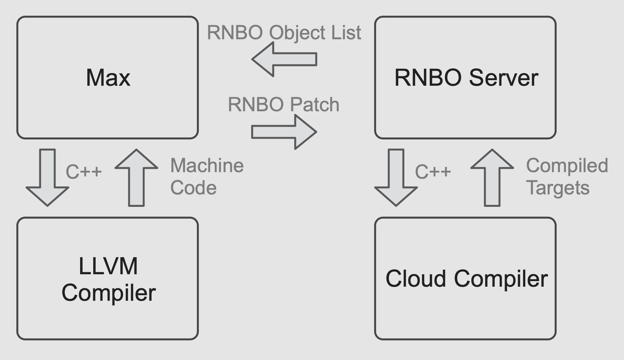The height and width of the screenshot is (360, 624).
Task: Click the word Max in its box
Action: pos(108,78)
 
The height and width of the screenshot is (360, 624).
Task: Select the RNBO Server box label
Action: pos(466,78)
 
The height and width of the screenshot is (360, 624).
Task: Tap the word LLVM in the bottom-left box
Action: pos(108,266)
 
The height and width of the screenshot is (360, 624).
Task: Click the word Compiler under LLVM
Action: pos(109,293)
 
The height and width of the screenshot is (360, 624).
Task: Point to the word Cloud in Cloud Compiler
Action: pos(415,279)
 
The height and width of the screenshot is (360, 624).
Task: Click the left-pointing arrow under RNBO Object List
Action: pos(284,59)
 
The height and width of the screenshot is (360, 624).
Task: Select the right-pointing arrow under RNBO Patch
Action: pos(284,132)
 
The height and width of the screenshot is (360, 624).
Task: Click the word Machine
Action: pos(207,165)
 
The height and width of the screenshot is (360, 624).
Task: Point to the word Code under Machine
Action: pos(193,188)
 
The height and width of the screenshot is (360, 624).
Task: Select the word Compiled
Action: pos(567,166)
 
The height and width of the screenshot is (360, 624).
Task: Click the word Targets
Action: pos(558,188)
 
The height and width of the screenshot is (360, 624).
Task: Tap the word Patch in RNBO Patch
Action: pos(315,105)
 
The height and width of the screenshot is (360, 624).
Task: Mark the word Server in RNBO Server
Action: pos(503,78)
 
